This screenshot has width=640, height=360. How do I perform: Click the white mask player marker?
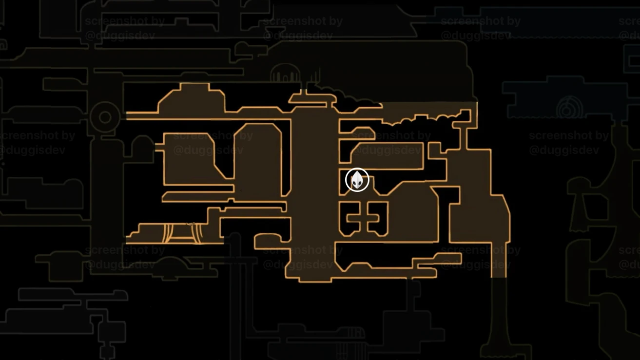[357, 180]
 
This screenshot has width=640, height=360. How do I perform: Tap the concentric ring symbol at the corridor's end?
[105, 117]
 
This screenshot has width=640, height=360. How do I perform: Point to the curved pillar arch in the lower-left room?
[181, 232]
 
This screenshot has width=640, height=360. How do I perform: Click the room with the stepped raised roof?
[193, 100]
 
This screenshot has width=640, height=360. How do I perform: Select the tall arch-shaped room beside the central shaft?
[258, 158]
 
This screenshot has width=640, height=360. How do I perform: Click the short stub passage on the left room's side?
[159, 146]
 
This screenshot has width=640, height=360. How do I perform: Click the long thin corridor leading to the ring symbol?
[205, 115]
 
